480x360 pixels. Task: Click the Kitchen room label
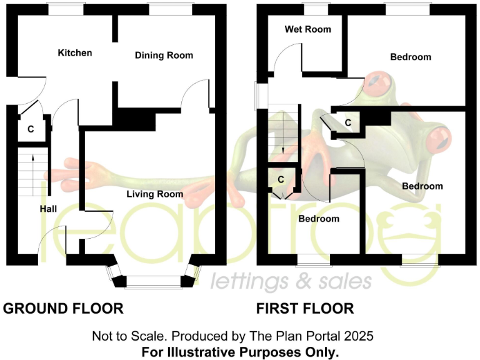[74, 52]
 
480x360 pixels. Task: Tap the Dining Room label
[164, 55]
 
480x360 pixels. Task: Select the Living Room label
[155, 194]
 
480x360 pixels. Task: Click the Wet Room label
[307, 29]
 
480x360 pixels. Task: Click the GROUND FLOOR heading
[63, 308]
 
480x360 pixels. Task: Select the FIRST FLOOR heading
[305, 308]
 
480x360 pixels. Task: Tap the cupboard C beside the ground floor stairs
[30, 129]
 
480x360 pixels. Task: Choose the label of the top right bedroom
[411, 57]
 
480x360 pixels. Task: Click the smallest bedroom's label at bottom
[319, 219]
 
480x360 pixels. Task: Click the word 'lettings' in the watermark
[239, 282]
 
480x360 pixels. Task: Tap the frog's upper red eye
[379, 81]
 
